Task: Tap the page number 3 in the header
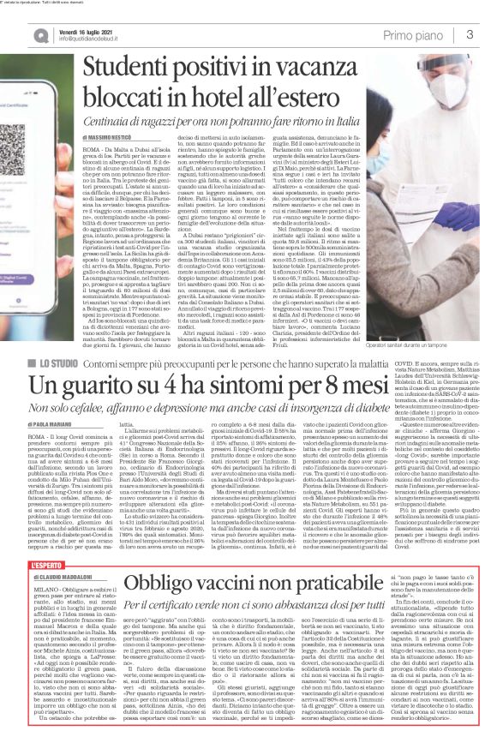coord(470,34)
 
